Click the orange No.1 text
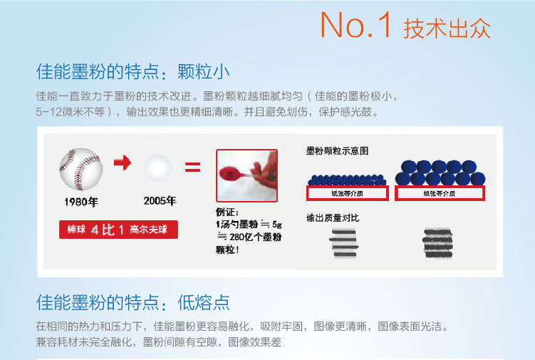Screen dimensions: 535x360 (x=355, y=24)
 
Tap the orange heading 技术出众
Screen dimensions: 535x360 (x=447, y=28)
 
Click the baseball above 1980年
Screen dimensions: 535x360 (x=81, y=169)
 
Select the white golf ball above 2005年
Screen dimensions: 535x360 (x=158, y=168)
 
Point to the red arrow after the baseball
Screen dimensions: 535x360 (x=123, y=163)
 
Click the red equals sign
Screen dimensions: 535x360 (x=193, y=167)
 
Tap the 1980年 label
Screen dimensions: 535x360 (x=81, y=202)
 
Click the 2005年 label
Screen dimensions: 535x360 (x=160, y=201)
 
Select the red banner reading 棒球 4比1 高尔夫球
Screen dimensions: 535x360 (x=118, y=230)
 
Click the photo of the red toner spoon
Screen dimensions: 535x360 (x=246, y=175)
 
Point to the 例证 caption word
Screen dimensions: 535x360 (x=227, y=212)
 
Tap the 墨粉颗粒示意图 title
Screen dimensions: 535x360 (x=337, y=151)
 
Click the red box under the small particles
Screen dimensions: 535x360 (x=348, y=193)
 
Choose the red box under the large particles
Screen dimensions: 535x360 (x=440, y=193)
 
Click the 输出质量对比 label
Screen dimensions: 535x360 (x=333, y=218)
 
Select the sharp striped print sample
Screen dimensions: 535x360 (x=344, y=243)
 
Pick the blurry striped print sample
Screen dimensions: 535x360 (x=437, y=243)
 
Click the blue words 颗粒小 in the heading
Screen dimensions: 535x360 (x=203, y=72)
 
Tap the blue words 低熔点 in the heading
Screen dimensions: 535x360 (x=203, y=302)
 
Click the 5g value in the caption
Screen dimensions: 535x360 (x=276, y=225)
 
